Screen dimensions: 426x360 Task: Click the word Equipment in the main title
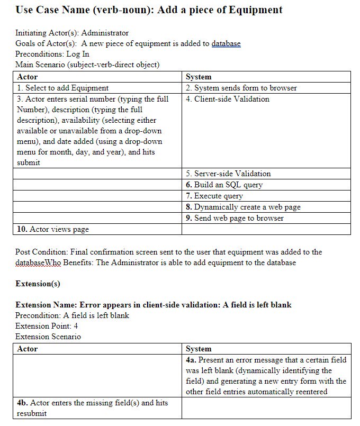pos(256,10)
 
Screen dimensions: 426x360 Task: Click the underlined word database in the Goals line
pos(226,43)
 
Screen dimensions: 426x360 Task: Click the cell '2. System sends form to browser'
pos(241,88)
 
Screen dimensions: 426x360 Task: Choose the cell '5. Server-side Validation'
pos(228,174)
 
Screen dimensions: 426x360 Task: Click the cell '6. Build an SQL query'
pos(224,185)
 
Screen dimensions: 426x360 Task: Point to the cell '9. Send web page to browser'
pos(235,218)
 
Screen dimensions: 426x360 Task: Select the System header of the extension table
pos(199,349)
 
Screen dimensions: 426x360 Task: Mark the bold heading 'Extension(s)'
pos(38,284)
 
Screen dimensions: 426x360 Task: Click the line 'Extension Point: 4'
pos(47,326)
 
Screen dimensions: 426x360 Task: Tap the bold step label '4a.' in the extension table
pos(191,360)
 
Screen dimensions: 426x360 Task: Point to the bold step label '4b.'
pos(23,403)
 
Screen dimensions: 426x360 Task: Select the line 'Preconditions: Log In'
pos(52,54)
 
